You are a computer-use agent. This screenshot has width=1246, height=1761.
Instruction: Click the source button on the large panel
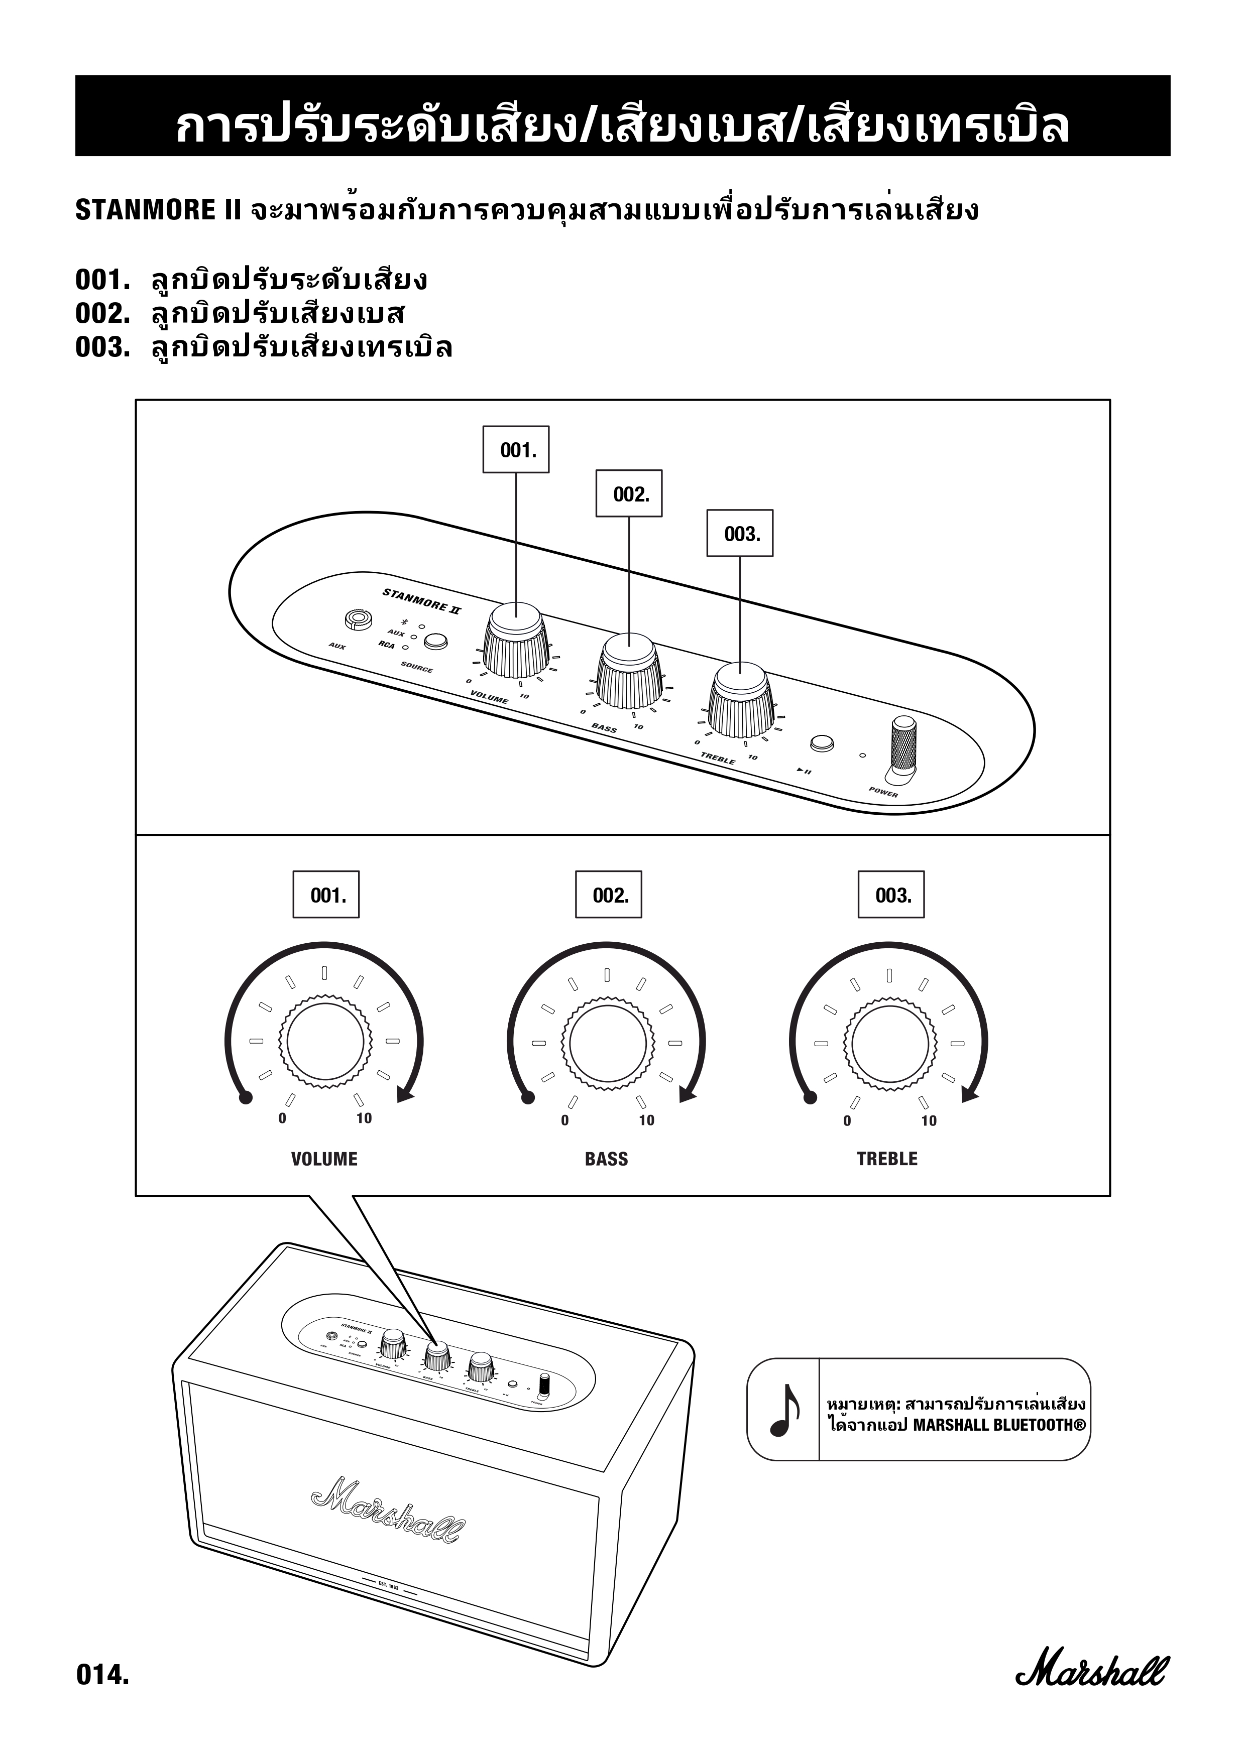(x=436, y=641)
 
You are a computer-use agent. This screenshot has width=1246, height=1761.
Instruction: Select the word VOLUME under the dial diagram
(x=324, y=1159)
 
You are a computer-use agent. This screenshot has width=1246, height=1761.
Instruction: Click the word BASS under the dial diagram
(x=606, y=1159)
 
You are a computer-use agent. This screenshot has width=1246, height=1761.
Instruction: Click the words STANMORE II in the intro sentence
(x=158, y=209)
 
